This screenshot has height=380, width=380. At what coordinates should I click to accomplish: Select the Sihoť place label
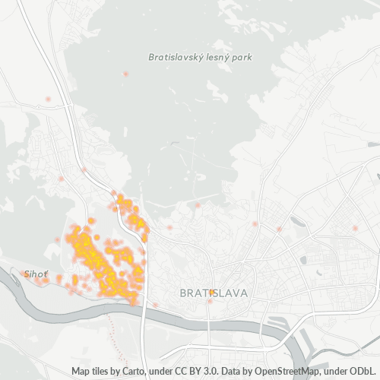36,272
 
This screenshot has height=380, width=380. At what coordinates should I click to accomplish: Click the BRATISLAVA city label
213,293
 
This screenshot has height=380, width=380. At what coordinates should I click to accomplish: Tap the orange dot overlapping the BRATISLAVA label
212,291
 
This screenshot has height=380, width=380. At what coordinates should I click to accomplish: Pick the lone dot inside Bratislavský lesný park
126,74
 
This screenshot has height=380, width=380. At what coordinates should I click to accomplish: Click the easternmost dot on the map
355,227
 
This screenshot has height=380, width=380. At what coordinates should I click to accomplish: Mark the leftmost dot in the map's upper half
48,99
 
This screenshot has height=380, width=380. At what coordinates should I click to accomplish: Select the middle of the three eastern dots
280,228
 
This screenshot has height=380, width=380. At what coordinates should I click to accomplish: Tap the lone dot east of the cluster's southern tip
155,305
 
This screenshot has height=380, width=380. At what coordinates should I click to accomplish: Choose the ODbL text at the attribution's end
365,371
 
